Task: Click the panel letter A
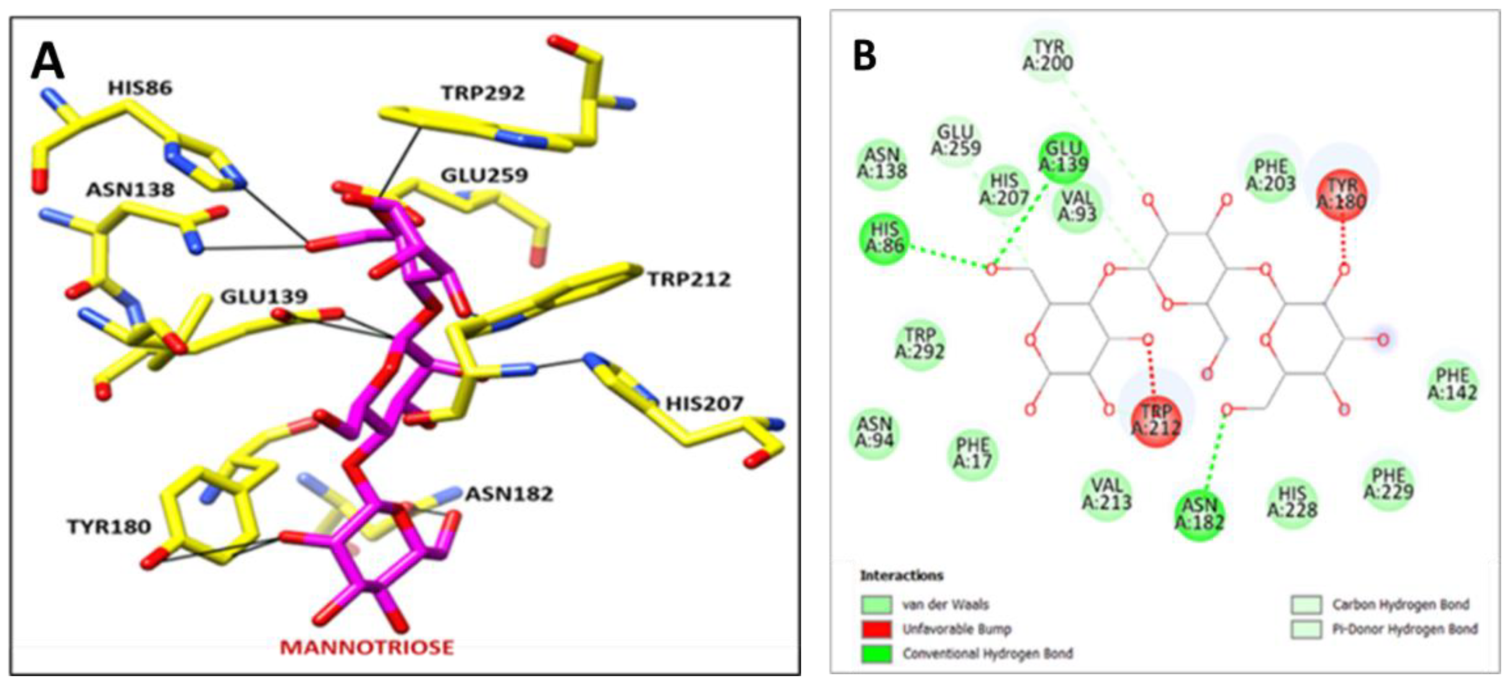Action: [47, 62]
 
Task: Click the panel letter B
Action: [865, 56]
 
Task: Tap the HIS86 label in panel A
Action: [140, 88]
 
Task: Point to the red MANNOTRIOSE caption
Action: [366, 647]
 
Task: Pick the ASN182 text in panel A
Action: [509, 494]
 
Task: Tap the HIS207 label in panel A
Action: [704, 403]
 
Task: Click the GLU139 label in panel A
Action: [264, 297]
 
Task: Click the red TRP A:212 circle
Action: [1155, 420]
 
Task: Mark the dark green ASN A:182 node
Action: [1199, 513]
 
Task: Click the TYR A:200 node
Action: [1047, 55]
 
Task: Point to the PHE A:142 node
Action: [1452, 384]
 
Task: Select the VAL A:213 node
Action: [1106, 493]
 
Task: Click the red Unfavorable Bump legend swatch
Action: [876, 629]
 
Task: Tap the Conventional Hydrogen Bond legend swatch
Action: [876, 654]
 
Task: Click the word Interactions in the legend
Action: [902, 576]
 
